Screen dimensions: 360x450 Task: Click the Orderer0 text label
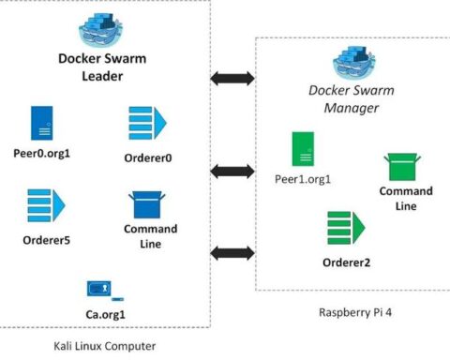(147, 157)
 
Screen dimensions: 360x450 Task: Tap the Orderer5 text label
(46, 240)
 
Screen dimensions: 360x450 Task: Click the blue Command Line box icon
(146, 204)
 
